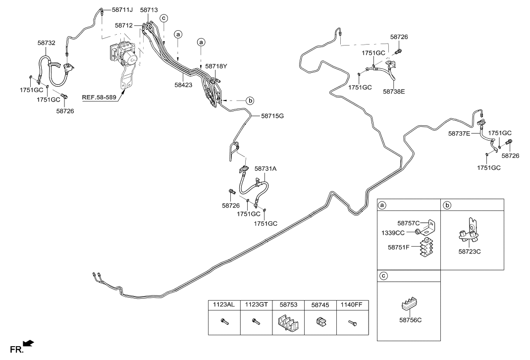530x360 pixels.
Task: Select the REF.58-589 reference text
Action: point(99,98)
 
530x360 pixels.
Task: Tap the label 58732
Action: point(46,44)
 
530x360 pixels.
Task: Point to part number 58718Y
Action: point(216,66)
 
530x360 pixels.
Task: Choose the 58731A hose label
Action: point(265,169)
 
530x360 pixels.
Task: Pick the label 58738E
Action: point(394,91)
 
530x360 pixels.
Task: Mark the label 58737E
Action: point(459,133)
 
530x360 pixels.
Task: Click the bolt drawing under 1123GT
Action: point(256,322)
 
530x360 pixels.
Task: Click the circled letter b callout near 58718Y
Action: point(250,101)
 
